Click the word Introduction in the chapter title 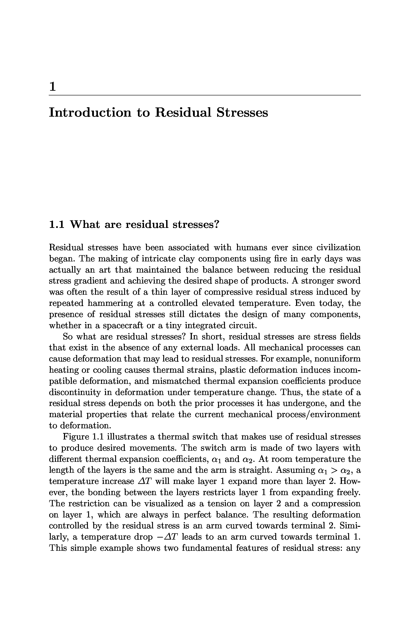point(90,113)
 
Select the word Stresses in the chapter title point(242,113)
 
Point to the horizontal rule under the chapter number point(204,95)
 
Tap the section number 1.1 point(57,224)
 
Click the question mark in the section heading point(216,224)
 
